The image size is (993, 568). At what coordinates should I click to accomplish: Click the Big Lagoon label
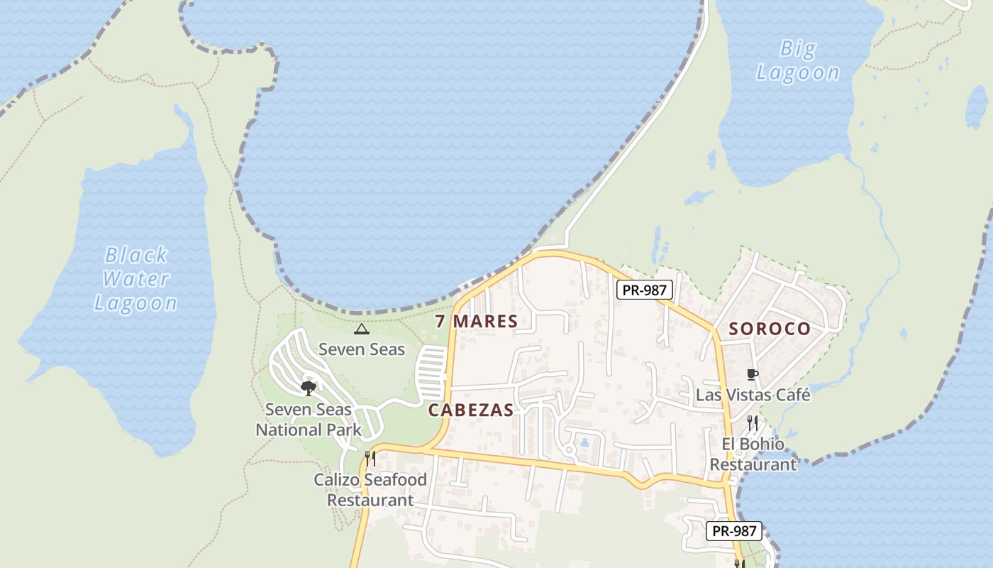coord(798,60)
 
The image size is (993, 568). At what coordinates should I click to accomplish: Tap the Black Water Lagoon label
coord(136,278)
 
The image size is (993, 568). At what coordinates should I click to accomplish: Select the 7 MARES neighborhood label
coord(477,321)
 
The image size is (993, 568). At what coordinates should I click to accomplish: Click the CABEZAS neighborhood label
coord(471,410)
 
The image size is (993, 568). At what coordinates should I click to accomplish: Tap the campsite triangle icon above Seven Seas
coord(362,329)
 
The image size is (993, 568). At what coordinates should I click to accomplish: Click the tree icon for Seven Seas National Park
coord(308,388)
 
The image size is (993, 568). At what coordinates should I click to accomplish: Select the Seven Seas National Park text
coord(309,420)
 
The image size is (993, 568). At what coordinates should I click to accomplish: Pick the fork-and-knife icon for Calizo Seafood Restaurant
coord(370,458)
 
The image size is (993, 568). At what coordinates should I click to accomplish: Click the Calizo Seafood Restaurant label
coord(370,490)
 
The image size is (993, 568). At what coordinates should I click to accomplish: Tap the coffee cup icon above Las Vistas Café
coord(753,374)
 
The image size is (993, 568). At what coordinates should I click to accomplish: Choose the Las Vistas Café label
coord(753,394)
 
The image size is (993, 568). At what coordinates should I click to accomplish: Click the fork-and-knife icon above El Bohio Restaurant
coord(753,423)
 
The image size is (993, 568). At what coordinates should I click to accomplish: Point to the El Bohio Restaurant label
coord(753,454)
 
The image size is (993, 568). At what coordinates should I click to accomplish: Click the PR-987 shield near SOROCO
coord(644,290)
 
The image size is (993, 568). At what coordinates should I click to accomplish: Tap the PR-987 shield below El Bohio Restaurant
coord(734,530)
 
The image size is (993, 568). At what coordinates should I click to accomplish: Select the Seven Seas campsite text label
coord(362,349)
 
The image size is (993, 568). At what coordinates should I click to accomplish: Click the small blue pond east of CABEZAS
coord(584,442)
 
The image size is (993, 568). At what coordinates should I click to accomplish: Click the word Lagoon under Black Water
coord(136,303)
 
